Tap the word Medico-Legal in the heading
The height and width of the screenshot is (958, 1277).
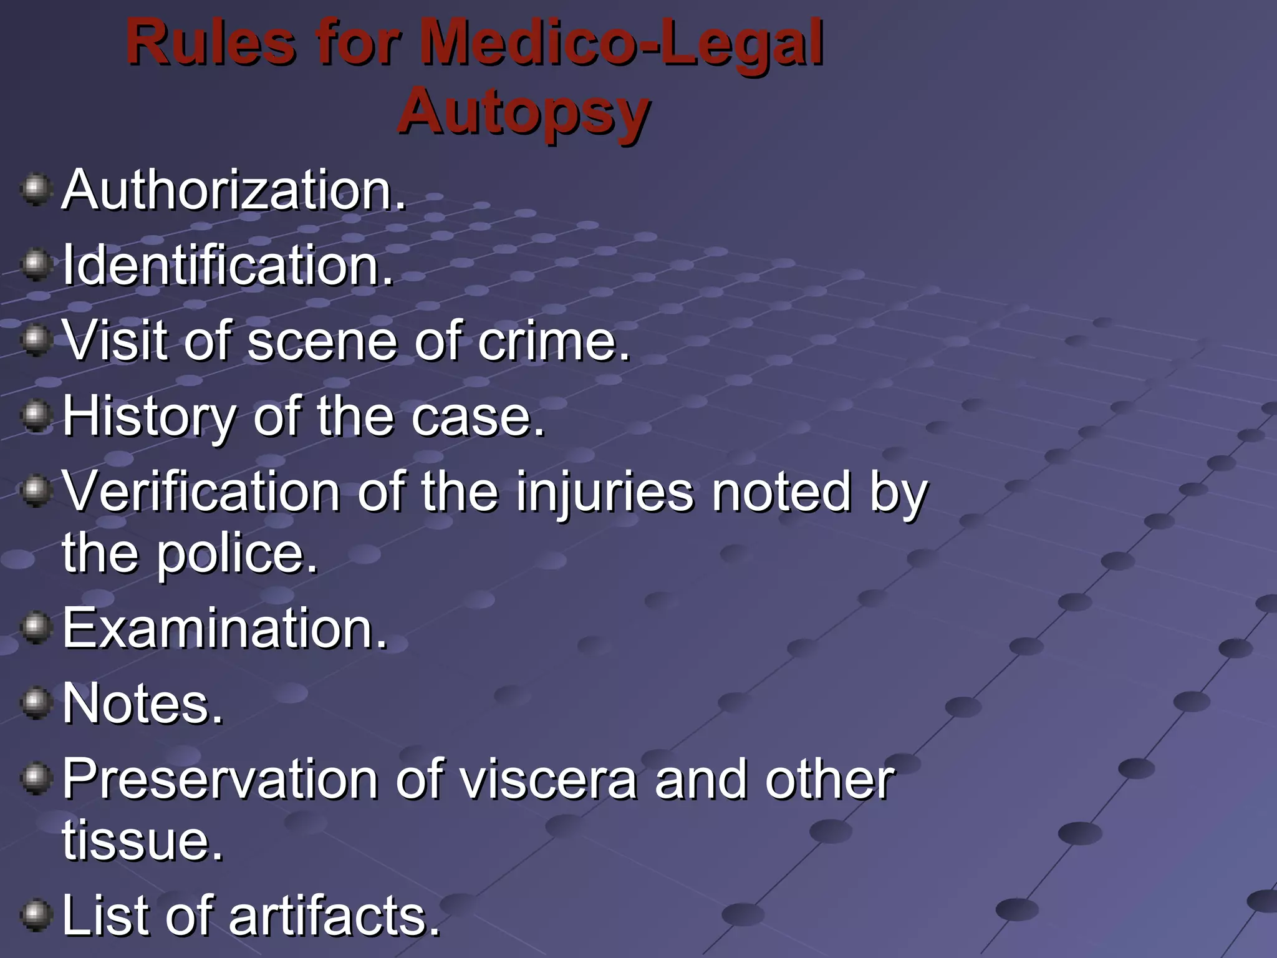(621, 44)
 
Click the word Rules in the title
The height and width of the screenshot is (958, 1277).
(211, 44)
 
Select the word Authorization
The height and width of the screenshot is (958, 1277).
(234, 190)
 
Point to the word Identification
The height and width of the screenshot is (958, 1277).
(228, 266)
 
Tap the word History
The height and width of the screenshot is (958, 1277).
(150, 417)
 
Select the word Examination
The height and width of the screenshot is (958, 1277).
(224, 628)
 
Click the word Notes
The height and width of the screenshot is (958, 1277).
(143, 704)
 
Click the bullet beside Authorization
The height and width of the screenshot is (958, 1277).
(36, 190)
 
